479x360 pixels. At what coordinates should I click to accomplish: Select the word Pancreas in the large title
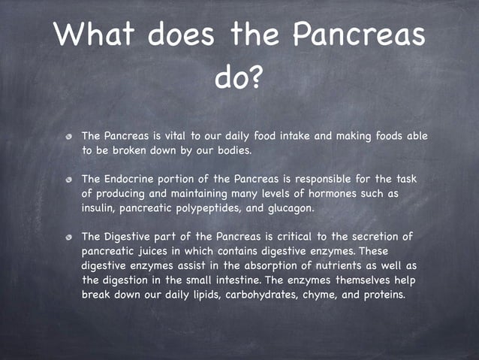(x=358, y=34)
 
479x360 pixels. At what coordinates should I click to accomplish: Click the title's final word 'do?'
(x=239, y=77)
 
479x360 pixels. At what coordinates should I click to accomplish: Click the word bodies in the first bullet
(x=233, y=150)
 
